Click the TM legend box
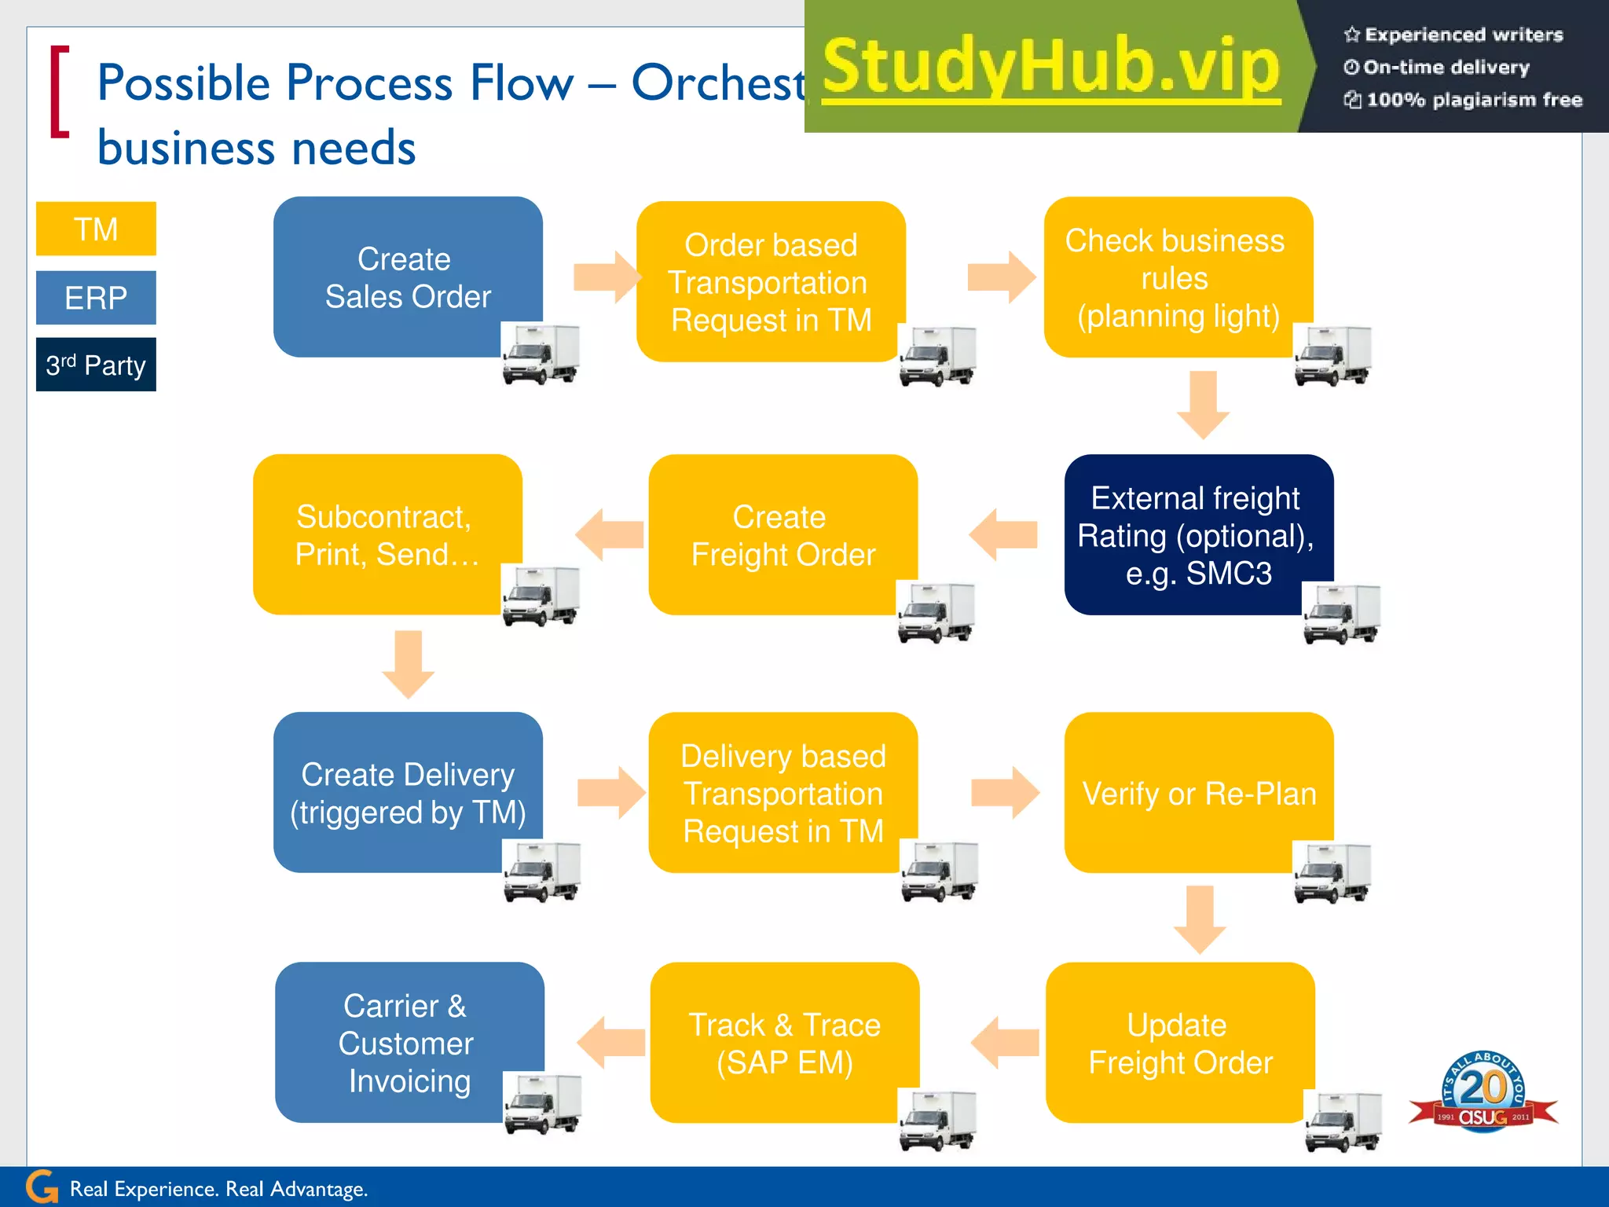point(96,229)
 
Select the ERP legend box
point(96,298)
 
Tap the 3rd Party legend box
point(96,365)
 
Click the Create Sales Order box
point(407,277)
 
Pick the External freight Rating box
point(1197,534)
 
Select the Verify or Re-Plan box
point(1198,792)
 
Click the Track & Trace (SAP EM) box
point(784,1042)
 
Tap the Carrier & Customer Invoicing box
point(407,1042)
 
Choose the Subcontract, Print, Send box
point(387,534)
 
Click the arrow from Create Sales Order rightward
point(607,277)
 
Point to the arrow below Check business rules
point(1203,405)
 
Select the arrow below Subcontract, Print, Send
point(408,664)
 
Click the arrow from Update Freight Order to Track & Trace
point(1005,1042)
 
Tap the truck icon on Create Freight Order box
point(936,613)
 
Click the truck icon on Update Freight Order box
point(1343,1122)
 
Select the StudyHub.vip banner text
point(1051,68)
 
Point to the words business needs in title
point(256,148)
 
